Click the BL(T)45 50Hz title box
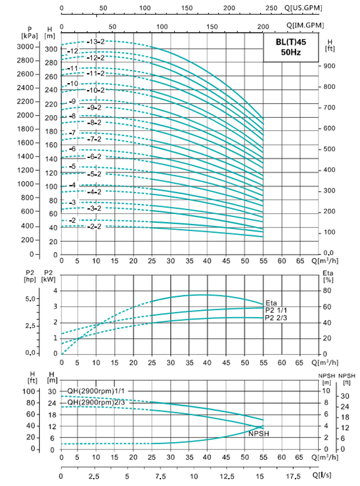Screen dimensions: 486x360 [x=291, y=47]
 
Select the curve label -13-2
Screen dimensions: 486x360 [x=95, y=42]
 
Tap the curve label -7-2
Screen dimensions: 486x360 [x=94, y=139]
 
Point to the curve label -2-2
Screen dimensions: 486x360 [x=94, y=227]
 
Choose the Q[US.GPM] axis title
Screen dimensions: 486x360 [x=303, y=8]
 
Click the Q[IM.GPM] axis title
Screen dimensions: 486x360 [x=305, y=26]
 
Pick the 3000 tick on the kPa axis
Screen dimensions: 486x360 [x=25, y=46]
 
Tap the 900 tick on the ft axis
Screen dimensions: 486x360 [x=329, y=66]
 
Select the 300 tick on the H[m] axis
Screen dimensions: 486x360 [x=51, y=49]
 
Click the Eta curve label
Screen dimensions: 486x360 [x=271, y=303]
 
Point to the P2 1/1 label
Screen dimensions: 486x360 [x=276, y=310]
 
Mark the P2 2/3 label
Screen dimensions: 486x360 [x=276, y=318]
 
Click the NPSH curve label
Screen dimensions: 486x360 [x=258, y=434]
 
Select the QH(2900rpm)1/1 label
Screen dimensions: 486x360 [x=96, y=391]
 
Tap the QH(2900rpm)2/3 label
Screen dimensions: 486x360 [x=96, y=402]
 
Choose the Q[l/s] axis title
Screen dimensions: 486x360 [x=321, y=475]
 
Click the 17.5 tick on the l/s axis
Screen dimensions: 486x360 [x=293, y=476]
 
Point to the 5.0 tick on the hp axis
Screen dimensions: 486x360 [x=31, y=299]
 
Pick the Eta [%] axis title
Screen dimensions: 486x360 [x=328, y=276]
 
